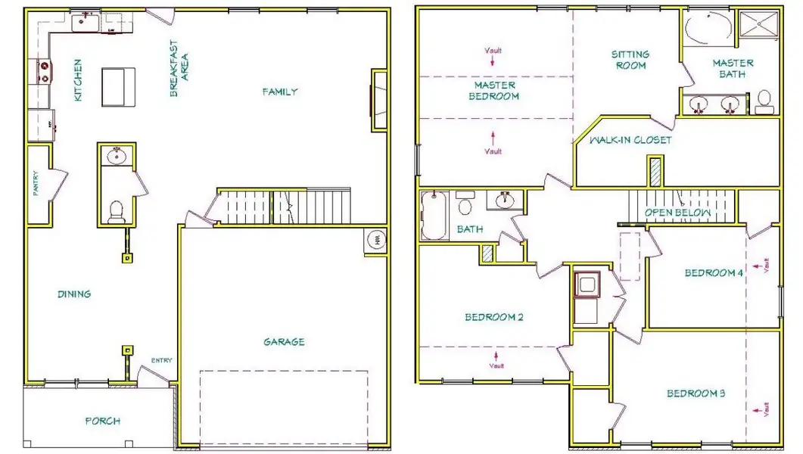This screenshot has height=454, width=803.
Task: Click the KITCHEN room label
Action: tap(77, 81)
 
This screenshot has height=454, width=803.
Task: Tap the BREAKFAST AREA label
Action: tap(178, 69)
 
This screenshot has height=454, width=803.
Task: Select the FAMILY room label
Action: tap(280, 92)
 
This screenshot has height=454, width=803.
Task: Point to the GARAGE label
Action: tap(284, 342)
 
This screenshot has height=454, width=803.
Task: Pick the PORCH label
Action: tap(101, 421)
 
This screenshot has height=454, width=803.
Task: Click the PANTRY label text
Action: tap(36, 184)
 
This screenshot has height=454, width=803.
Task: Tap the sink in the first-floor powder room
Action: tap(117, 157)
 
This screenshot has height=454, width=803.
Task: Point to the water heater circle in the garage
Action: tap(376, 241)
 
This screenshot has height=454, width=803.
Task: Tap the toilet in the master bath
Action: tap(764, 101)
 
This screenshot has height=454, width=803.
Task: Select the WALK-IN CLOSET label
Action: tap(622, 140)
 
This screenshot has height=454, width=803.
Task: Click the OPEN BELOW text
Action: tap(678, 213)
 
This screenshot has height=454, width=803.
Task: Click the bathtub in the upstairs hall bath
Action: tap(435, 215)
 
